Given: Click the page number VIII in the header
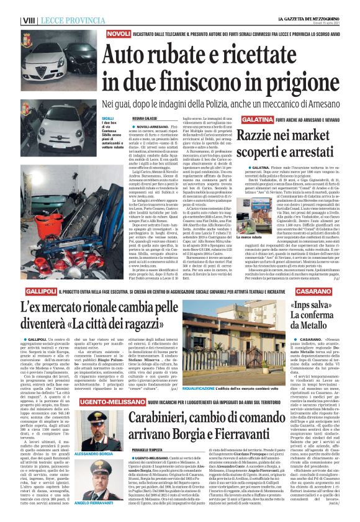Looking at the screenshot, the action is (28, 20).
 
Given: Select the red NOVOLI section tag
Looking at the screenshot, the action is (118, 33).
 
